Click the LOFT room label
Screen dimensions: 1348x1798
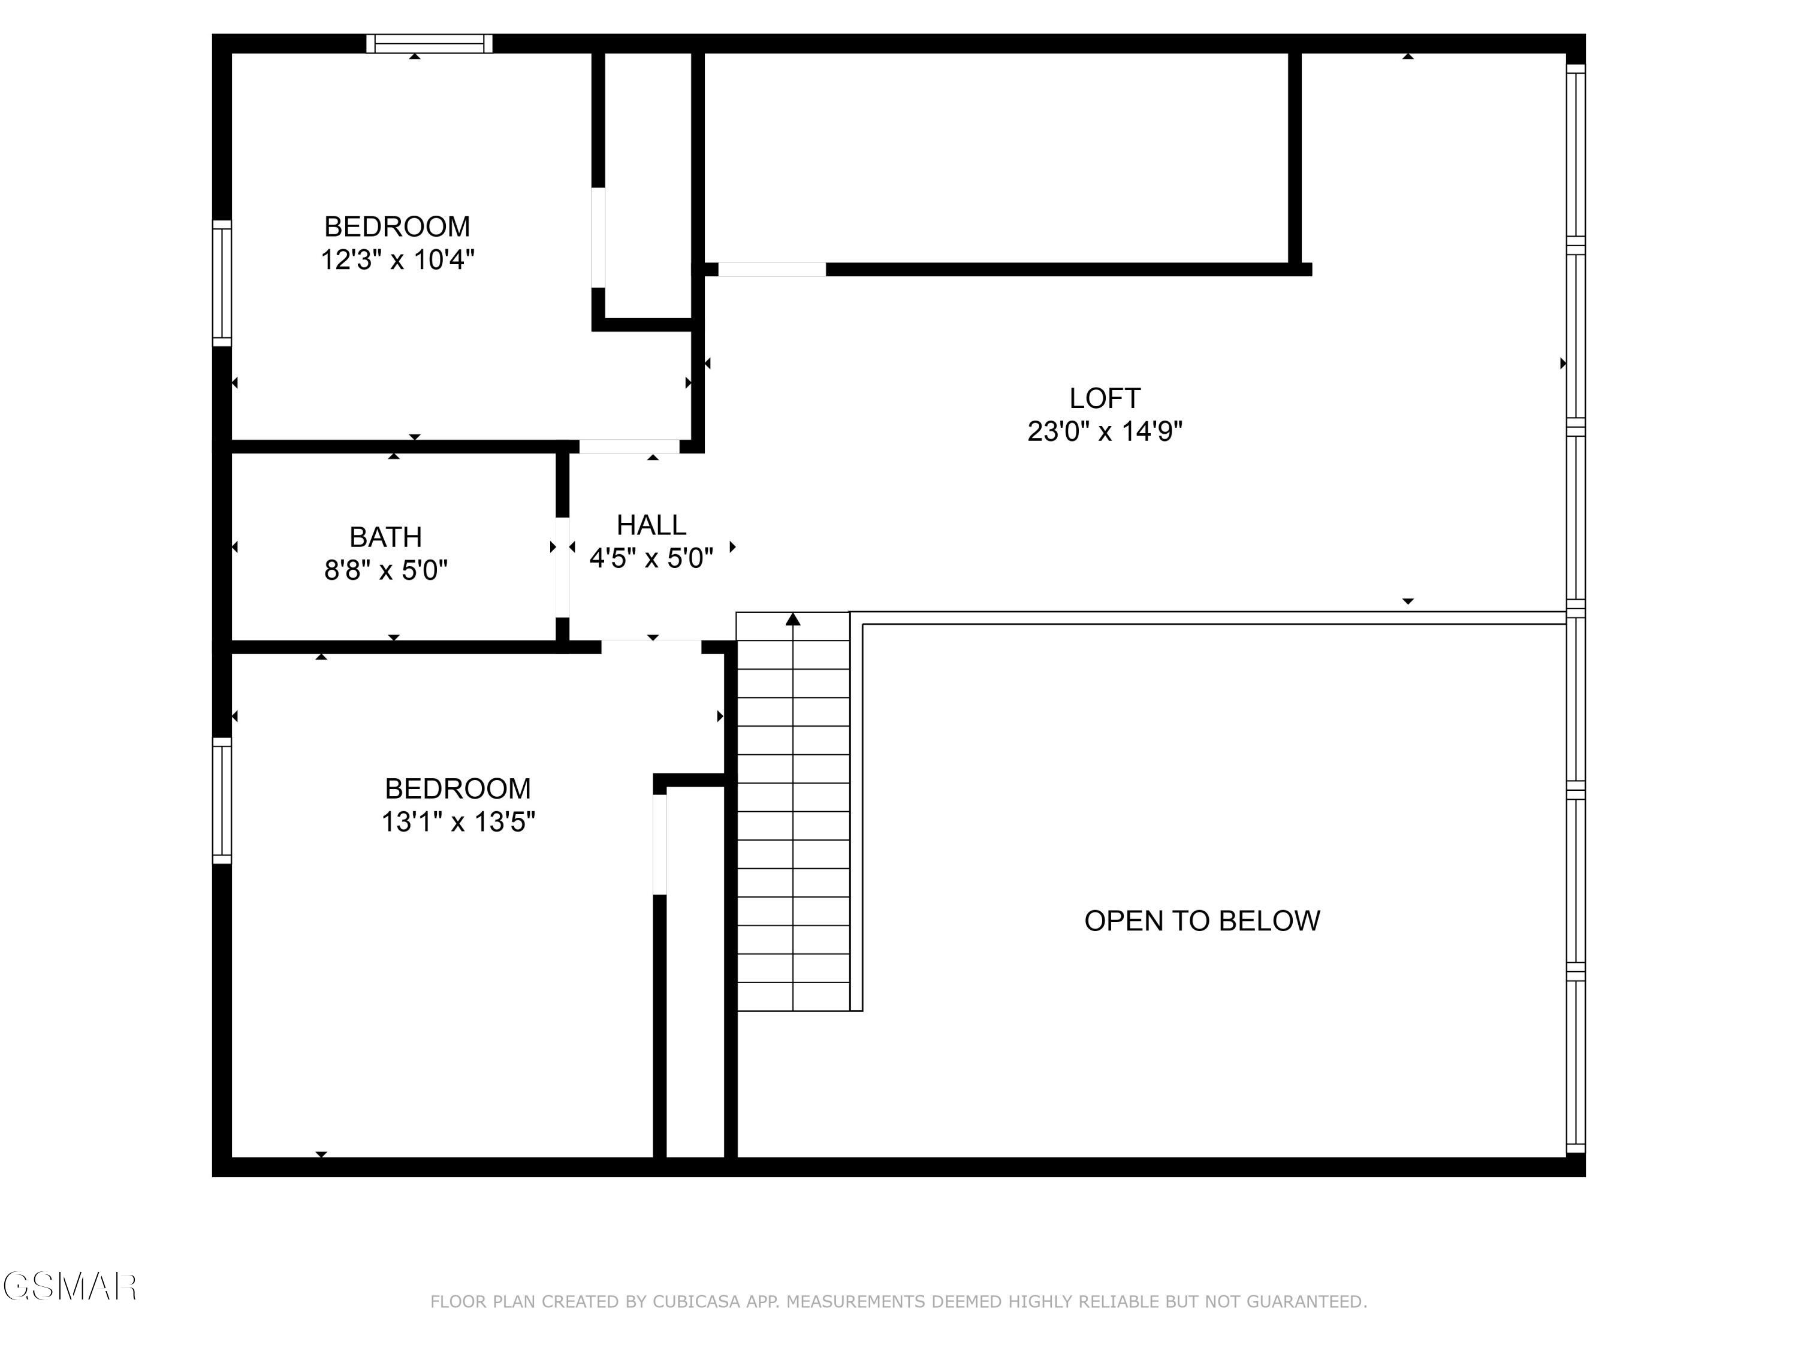click(1104, 398)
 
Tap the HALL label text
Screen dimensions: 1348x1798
click(651, 525)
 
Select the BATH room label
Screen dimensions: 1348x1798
click(385, 537)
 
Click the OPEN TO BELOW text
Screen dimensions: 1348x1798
click(1202, 921)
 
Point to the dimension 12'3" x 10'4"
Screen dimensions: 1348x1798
click(397, 260)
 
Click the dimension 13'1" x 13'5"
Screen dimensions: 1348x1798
click(458, 823)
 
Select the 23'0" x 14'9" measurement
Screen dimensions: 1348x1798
click(1104, 431)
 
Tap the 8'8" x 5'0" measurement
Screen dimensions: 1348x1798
click(385, 570)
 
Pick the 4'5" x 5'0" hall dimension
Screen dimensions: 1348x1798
click(651, 558)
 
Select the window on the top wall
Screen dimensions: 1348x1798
click(429, 44)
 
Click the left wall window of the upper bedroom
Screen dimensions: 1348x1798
click(222, 283)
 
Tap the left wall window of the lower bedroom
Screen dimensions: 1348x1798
click(222, 800)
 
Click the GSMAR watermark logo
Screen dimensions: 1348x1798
click(70, 1286)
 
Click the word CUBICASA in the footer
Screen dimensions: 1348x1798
click(696, 1302)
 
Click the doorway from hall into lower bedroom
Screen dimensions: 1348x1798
click(651, 647)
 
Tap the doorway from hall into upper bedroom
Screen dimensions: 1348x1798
click(629, 446)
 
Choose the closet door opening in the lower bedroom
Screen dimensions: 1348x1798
click(660, 844)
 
